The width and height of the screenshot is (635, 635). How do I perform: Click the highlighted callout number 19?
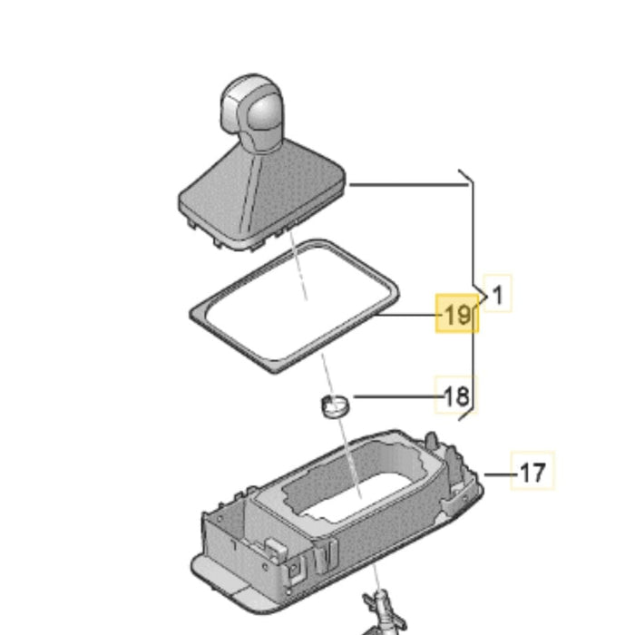pos(457,314)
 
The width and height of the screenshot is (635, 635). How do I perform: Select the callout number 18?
pos(457,396)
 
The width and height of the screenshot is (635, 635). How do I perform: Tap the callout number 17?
pos(532,472)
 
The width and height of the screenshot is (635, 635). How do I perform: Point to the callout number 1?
pos(498,295)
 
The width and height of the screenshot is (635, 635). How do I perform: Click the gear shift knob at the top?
pos(252,110)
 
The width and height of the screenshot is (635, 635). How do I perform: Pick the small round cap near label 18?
pos(336,406)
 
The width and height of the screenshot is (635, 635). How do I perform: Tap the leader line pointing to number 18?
pos(399,396)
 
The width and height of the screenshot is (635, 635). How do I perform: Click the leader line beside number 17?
pos(501,474)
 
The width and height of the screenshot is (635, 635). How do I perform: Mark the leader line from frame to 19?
pos(409,315)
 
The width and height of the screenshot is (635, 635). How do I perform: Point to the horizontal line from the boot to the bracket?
pos(409,185)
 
